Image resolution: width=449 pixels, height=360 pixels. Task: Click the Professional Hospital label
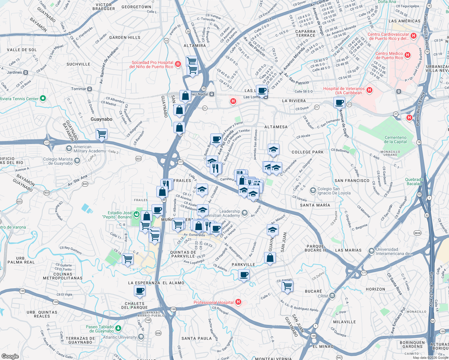click(213, 302)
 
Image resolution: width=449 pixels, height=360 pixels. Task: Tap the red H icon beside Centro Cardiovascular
click(414, 36)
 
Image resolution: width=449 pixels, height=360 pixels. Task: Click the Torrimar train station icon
click(90, 89)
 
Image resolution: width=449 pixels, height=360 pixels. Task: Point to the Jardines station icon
click(26, 73)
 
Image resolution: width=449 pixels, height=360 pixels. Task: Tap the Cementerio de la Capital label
click(396, 139)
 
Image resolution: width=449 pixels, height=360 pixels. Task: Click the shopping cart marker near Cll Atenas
click(287, 286)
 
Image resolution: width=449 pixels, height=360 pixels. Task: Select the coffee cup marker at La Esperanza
click(140, 290)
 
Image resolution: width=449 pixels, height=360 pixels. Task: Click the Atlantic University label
click(120, 337)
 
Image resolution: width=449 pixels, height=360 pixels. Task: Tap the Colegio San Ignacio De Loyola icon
click(313, 190)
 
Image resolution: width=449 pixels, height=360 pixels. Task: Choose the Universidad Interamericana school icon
click(372, 250)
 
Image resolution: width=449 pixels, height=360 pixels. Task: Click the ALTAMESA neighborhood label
click(276, 127)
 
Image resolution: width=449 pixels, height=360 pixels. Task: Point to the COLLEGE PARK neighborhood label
click(308, 152)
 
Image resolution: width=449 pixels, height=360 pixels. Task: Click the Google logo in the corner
click(10, 356)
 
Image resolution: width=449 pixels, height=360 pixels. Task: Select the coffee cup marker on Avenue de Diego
click(339, 103)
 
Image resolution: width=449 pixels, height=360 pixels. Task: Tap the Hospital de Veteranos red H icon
click(369, 90)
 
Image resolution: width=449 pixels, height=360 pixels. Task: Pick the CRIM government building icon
click(332, 296)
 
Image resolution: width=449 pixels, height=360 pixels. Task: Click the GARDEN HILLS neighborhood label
click(125, 37)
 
